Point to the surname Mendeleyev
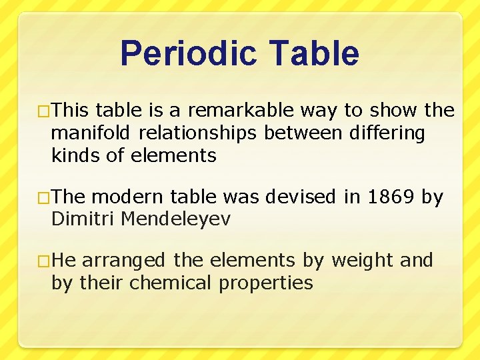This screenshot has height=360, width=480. point(174,219)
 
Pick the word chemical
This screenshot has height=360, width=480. point(170,283)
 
